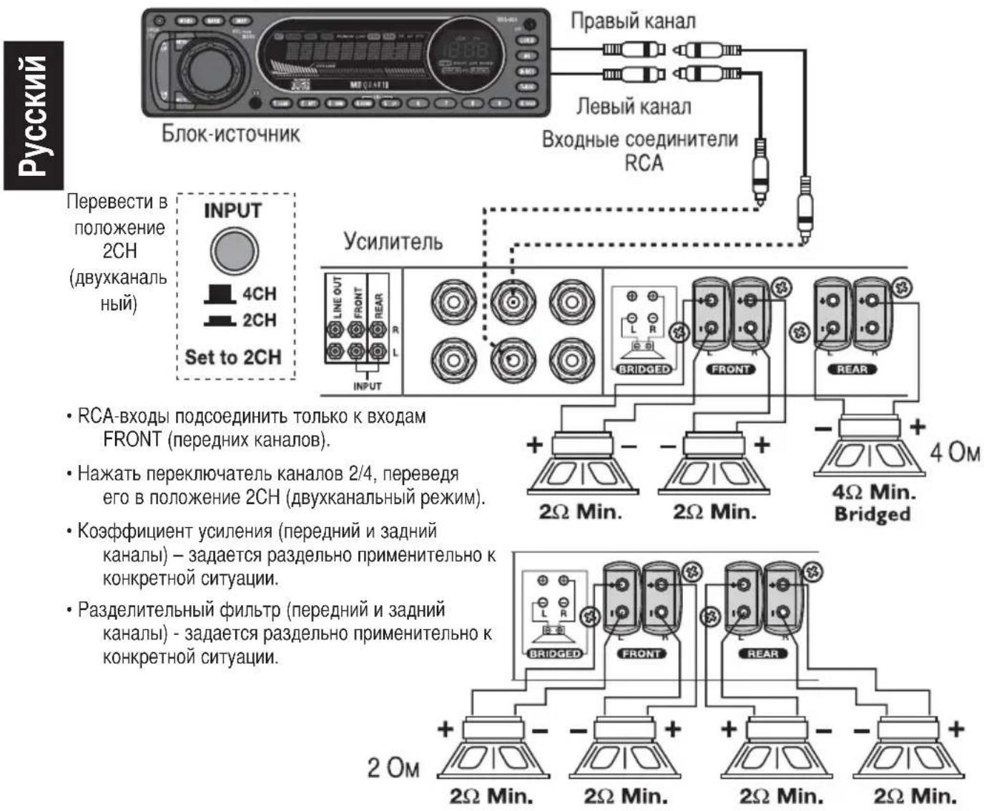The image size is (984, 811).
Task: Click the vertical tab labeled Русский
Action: pos(33,115)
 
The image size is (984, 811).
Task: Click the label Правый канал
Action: pos(632,21)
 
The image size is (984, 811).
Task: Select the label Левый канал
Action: pos(634,107)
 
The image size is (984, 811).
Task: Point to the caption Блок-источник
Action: pos(230,134)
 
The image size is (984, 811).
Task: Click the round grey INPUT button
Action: pos(234,250)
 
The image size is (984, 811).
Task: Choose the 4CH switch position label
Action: pos(258,294)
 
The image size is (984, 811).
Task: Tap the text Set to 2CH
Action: pos(233,357)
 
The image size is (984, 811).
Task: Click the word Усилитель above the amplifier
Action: pos(393,241)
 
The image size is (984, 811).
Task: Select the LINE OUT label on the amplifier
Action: pos(338,296)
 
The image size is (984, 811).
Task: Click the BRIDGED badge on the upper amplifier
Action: pos(644,370)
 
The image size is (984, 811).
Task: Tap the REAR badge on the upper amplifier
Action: pos(851,370)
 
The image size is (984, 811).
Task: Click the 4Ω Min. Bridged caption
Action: pos(872,503)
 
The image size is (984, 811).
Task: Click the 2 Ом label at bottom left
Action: pos(393,767)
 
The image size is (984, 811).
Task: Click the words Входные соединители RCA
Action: pos(640,150)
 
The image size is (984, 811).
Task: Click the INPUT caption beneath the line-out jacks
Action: pos(367,386)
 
